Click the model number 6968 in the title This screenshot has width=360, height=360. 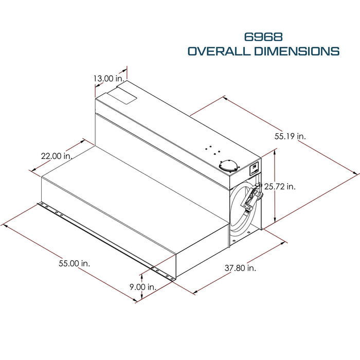(263, 37)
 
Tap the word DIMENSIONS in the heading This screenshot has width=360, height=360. (297, 51)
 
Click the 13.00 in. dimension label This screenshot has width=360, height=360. (109, 79)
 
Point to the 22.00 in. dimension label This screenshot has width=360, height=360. (57, 156)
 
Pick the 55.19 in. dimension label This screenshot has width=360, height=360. (290, 136)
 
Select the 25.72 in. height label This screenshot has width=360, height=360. (280, 186)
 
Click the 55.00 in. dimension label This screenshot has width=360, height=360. (75, 263)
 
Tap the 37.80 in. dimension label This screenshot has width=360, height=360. (240, 268)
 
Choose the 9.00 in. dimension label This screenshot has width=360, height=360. (143, 287)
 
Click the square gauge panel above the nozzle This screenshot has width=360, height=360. (254, 169)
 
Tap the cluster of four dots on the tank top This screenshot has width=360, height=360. (212, 150)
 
